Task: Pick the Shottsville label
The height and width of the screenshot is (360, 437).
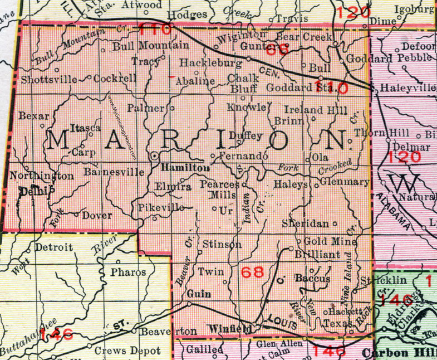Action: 49,79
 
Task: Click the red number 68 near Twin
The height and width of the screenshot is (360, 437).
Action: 252,272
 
